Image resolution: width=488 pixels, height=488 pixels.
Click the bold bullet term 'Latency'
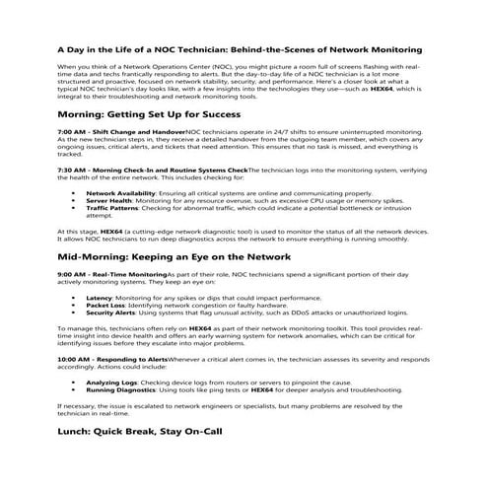pos(100,297)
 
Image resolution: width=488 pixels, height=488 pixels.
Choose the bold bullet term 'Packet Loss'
pos(105,305)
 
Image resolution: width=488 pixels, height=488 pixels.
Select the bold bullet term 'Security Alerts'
pos(112,313)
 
